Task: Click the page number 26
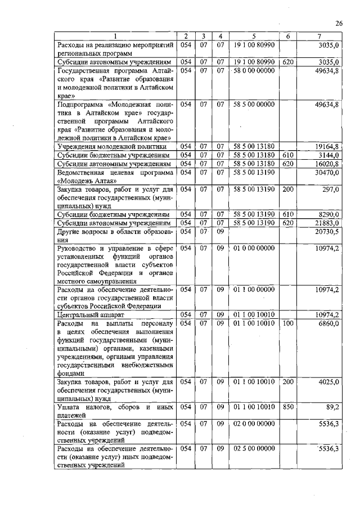click(339, 23)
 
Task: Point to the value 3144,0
click(328, 155)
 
